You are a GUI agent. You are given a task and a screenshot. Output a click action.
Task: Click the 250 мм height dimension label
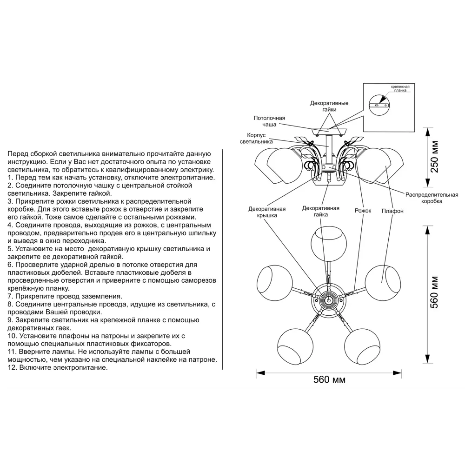[x=434, y=156]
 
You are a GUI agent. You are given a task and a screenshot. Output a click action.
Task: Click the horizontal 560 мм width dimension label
[x=329, y=379]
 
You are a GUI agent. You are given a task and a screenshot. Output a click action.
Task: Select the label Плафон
[x=392, y=211]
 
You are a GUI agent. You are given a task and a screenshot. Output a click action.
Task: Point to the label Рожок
[x=363, y=211]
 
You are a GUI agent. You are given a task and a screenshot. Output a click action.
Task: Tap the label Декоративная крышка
[x=267, y=212]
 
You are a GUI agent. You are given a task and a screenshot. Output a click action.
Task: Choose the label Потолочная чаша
[x=269, y=121]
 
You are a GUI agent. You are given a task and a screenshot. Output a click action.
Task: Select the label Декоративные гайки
[x=329, y=106]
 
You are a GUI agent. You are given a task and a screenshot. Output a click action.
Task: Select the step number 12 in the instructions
[x=12, y=367]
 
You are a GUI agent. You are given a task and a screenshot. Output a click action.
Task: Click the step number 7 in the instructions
[x=10, y=296]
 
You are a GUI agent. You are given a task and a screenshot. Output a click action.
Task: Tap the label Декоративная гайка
[x=320, y=212]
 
